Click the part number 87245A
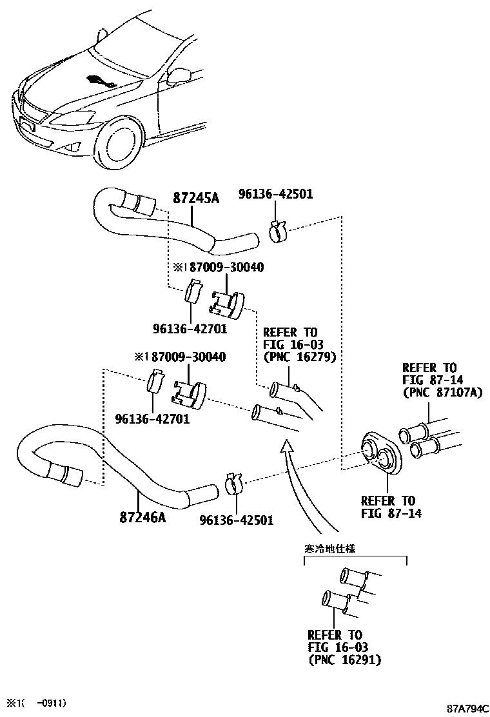coord(196,199)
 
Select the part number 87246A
coord(142,517)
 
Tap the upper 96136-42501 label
coord(275,193)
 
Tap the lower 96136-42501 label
coord(236,520)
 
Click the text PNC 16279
coord(299,357)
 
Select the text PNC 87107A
coord(442,392)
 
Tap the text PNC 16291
coord(344,660)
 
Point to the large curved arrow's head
coord(286,446)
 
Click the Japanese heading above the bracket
coord(330,549)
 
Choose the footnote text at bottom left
coord(36,702)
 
